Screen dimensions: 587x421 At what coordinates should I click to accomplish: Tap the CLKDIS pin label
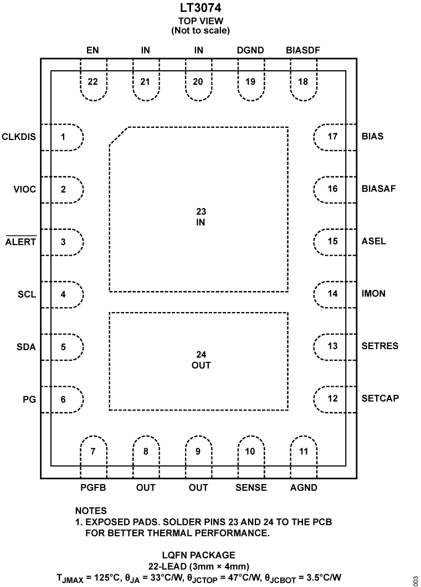[x=19, y=136]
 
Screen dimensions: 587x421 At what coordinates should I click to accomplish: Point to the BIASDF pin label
[x=303, y=50]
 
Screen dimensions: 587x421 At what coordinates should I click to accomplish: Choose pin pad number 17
[x=332, y=136]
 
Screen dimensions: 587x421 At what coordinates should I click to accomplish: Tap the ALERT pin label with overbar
[x=21, y=242]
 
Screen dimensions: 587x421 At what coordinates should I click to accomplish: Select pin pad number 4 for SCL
[x=63, y=294]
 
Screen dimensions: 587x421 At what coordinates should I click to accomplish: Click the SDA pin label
[x=26, y=347]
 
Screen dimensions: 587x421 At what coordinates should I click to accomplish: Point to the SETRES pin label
[x=379, y=346]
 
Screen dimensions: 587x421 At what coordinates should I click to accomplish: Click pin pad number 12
[x=332, y=398]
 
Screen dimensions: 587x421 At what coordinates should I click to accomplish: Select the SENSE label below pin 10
[x=251, y=488]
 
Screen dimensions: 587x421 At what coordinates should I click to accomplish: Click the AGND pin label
[x=304, y=488]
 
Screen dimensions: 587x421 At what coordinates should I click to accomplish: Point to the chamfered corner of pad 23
[x=119, y=137]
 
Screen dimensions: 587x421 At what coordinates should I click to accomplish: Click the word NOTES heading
[x=91, y=511]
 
